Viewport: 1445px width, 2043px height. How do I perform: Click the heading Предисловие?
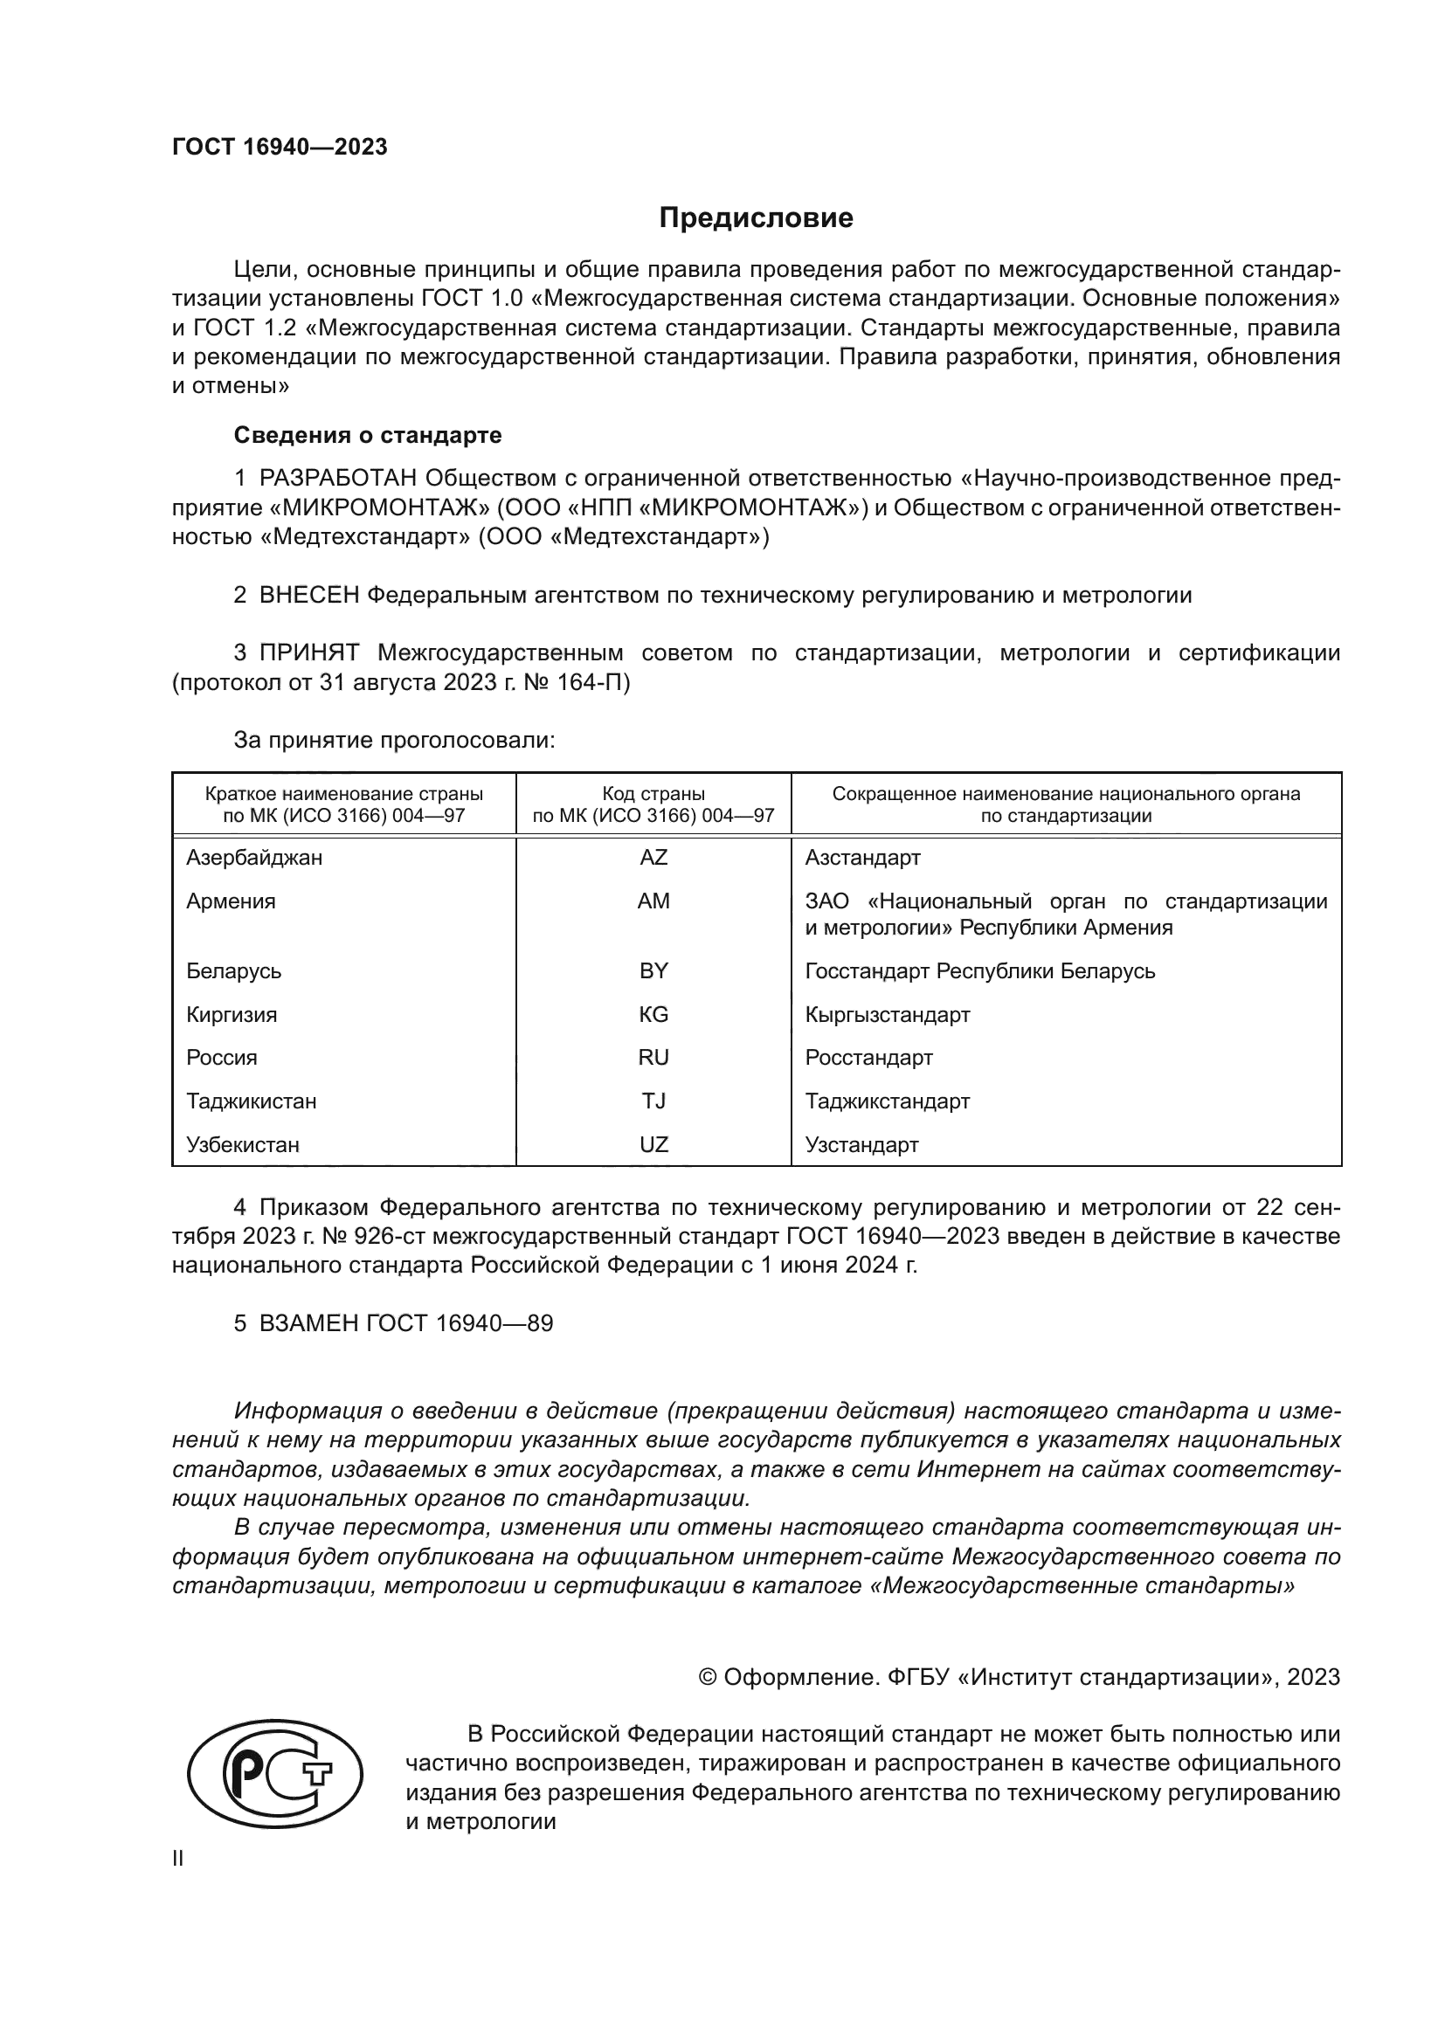point(756,218)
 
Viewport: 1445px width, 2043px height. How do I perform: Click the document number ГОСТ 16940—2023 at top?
point(280,148)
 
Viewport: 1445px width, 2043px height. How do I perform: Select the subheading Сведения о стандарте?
point(368,435)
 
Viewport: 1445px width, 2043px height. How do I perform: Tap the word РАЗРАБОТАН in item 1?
point(338,479)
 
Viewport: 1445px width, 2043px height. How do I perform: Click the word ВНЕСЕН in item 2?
point(308,596)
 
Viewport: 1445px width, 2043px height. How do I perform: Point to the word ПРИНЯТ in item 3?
point(308,653)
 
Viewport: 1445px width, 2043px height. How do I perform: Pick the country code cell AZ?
point(653,858)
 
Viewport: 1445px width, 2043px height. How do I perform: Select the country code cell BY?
point(653,970)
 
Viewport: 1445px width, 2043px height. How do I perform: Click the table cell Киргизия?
point(232,1014)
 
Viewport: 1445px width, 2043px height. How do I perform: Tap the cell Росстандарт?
point(868,1058)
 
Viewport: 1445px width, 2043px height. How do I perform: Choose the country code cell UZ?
point(653,1145)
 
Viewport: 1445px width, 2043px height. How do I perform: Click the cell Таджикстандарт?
point(887,1101)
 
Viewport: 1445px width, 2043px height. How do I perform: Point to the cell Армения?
point(231,901)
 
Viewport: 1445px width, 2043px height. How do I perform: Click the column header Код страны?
point(653,794)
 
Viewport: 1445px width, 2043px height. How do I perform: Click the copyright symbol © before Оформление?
point(708,1677)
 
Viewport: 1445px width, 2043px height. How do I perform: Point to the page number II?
point(178,1859)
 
